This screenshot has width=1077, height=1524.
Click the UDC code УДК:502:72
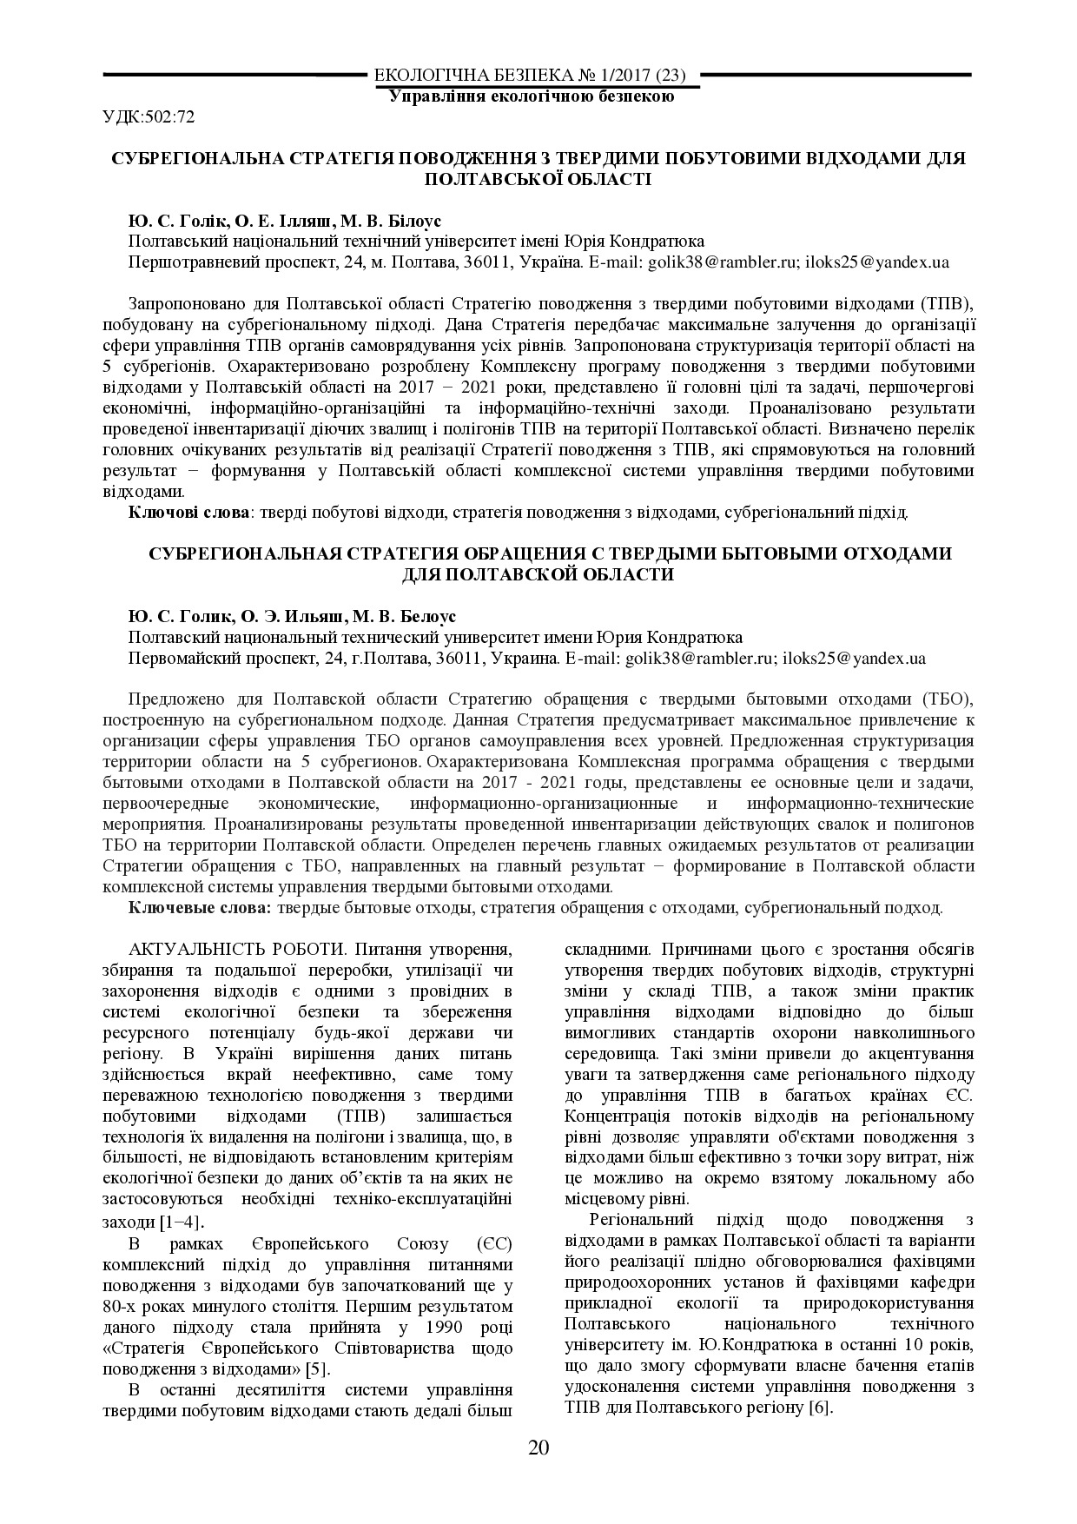149,116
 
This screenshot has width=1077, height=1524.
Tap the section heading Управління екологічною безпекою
532,96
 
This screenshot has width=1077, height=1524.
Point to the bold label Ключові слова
188,513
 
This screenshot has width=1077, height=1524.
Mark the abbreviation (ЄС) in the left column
492,1243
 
